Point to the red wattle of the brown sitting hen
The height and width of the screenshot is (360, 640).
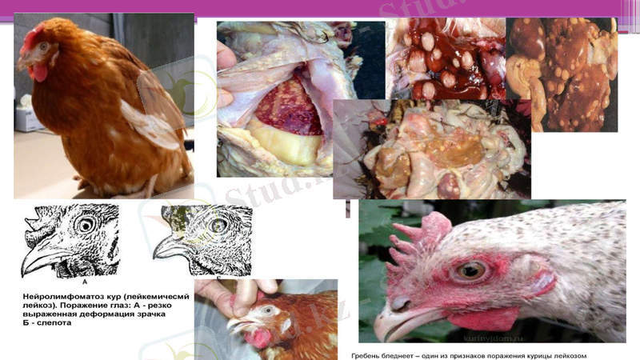pos(37,72)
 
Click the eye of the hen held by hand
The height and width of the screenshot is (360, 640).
pos(266,310)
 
